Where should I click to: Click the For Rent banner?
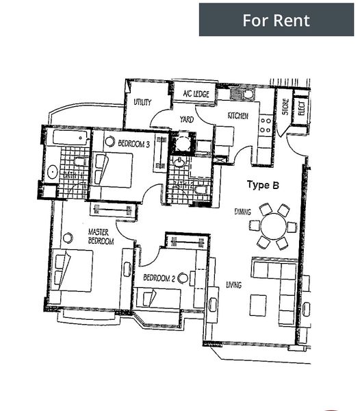pyautogui.click(x=276, y=19)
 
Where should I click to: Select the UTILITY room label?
pyautogui.click(x=142, y=103)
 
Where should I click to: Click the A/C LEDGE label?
pyautogui.click(x=196, y=94)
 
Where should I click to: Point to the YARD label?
pyautogui.click(x=186, y=119)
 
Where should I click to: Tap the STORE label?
pyautogui.click(x=285, y=108)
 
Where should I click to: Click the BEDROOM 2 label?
pyautogui.click(x=159, y=277)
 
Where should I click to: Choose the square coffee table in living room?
pyautogui.click(x=259, y=303)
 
